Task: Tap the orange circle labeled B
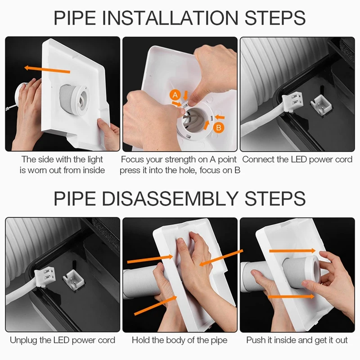tap(218, 128)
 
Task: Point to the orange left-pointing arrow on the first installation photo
tap(47, 69)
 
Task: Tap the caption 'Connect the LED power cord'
tap(297, 159)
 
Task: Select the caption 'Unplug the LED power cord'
tap(63, 340)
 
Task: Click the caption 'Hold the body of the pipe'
tap(180, 340)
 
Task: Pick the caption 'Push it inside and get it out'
tap(297, 340)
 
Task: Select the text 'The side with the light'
tap(63, 159)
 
